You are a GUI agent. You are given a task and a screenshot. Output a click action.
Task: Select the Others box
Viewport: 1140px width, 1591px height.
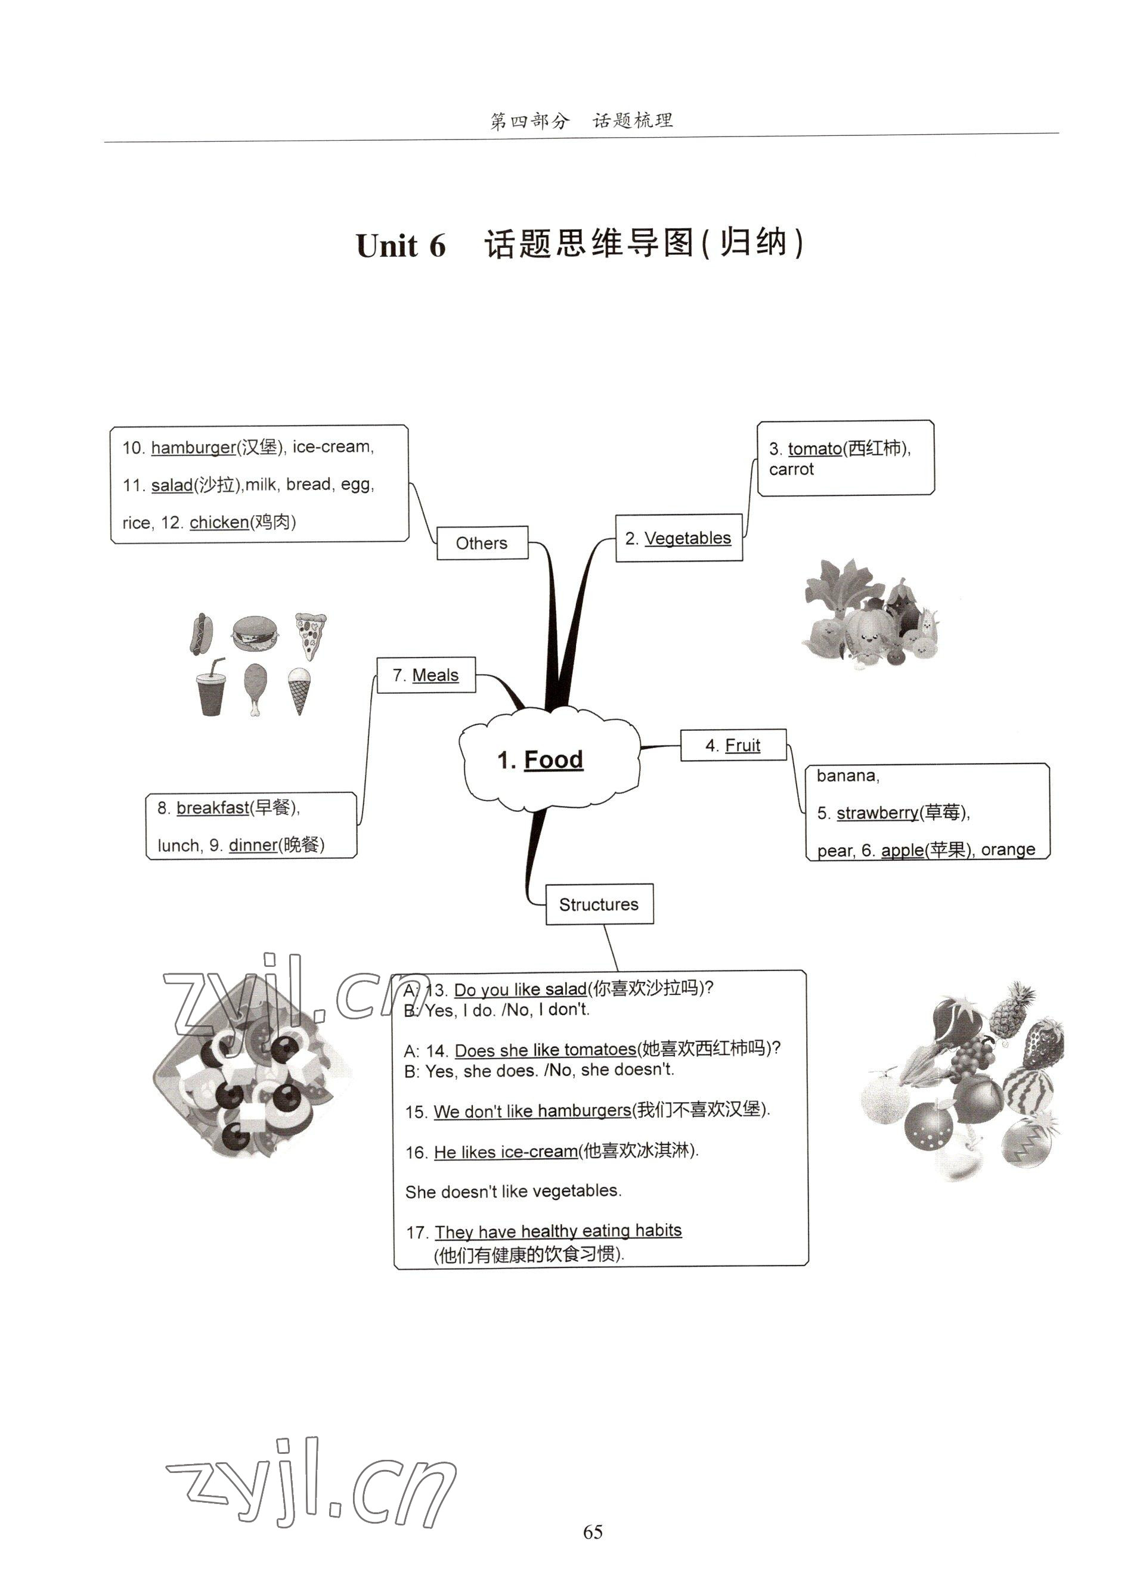pyautogui.click(x=482, y=543)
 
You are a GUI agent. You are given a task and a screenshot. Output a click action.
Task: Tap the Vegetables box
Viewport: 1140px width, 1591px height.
pyautogui.click(x=679, y=538)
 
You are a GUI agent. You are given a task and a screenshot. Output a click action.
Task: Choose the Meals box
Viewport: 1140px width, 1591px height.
pyautogui.click(x=426, y=675)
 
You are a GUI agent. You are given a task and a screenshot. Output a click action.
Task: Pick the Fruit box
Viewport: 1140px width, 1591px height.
pyautogui.click(x=733, y=745)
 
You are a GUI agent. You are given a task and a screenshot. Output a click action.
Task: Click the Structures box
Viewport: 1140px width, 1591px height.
pyautogui.click(x=599, y=904)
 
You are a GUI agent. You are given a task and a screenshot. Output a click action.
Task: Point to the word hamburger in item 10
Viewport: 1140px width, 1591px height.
pyautogui.click(x=193, y=447)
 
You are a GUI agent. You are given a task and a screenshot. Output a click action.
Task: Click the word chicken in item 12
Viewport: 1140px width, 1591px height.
pyautogui.click(x=219, y=522)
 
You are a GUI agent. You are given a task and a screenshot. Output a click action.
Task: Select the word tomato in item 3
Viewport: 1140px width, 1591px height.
pyautogui.click(x=814, y=448)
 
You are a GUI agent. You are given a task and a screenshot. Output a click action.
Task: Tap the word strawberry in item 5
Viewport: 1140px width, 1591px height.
pyautogui.click(x=877, y=812)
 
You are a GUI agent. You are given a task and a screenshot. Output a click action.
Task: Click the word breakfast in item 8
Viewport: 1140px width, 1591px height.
pyautogui.click(x=213, y=808)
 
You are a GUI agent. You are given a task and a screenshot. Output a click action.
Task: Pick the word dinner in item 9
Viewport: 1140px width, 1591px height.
pyautogui.click(x=253, y=845)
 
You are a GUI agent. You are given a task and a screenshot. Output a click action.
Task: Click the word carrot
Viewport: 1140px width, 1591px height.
pyautogui.click(x=791, y=469)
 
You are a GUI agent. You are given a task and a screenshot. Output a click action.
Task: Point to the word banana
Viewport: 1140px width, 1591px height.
pyautogui.click(x=847, y=775)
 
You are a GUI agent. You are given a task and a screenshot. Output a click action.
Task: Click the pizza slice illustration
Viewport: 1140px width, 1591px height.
pyautogui.click(x=309, y=634)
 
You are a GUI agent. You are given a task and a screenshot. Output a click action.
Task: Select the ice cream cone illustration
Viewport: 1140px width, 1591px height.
pyautogui.click(x=299, y=690)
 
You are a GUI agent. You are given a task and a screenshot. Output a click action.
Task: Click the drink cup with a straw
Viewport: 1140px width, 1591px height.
pyautogui.click(x=210, y=690)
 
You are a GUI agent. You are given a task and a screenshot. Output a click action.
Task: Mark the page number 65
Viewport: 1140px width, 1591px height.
pyautogui.click(x=593, y=1531)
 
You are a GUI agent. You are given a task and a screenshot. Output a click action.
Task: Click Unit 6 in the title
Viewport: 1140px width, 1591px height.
pyautogui.click(x=401, y=246)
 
